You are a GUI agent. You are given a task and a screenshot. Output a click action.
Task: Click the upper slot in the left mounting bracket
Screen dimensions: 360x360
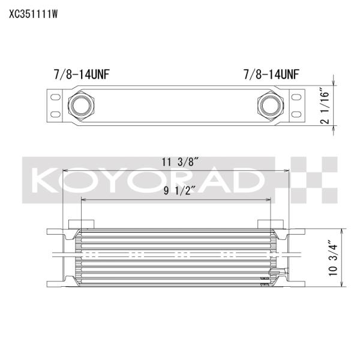[55, 97]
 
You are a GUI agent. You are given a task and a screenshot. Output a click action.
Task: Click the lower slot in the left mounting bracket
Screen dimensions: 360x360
[55, 115]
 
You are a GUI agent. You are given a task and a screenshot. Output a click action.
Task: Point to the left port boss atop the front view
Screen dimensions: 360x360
[82, 224]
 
